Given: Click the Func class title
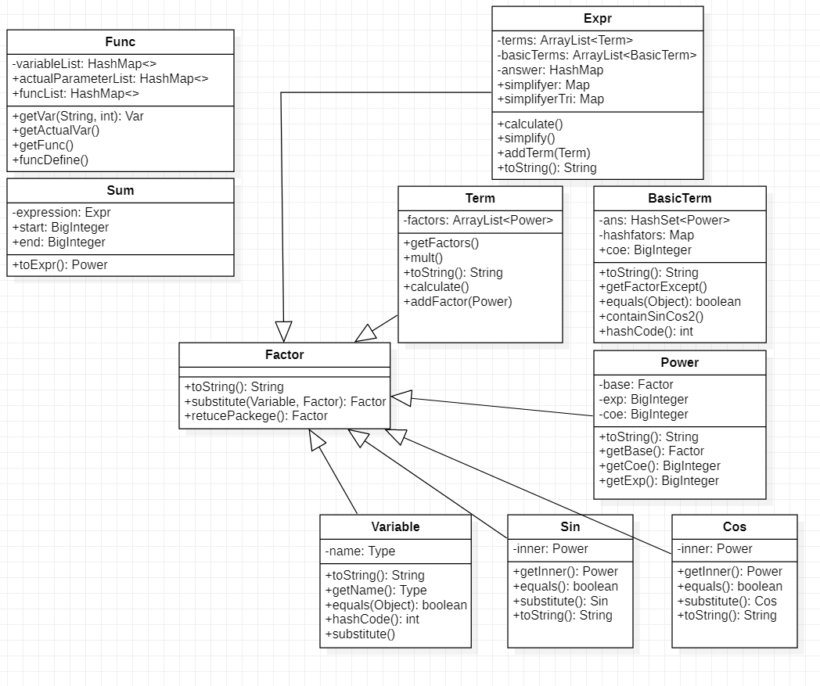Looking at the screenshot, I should point(120,41).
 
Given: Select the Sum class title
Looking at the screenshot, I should point(120,190).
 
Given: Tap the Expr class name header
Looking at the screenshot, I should point(597,18).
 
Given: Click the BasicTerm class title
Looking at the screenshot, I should point(679,198).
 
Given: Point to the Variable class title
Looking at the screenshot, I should point(395,526).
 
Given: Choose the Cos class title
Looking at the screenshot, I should point(734,526).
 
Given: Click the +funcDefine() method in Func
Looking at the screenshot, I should point(51,160).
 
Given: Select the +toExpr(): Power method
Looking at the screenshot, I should point(60,264).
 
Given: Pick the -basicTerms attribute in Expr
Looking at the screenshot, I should point(596,55).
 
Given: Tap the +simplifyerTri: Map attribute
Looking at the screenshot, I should point(550,99).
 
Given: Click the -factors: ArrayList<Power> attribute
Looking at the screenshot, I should point(478,221).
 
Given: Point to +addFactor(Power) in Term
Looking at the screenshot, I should point(458,301).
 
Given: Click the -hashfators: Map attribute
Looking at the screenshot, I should point(646,235).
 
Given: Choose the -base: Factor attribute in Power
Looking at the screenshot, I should point(636,384).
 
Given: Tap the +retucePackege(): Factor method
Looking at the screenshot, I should point(256,415).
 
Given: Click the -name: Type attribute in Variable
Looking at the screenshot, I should point(361,551).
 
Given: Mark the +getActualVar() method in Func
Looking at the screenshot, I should point(56,131).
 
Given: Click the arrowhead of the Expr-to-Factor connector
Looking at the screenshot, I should point(283,331).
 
